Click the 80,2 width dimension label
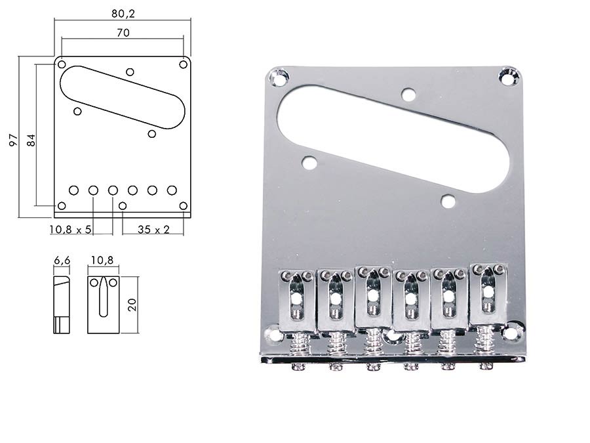click(x=123, y=14)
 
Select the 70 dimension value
click(x=123, y=33)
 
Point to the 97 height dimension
click(x=14, y=140)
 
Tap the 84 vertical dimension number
click(x=31, y=140)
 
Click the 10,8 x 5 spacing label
click(x=70, y=230)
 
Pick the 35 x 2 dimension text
click(x=153, y=230)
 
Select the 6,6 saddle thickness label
click(x=62, y=261)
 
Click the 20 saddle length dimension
click(x=132, y=305)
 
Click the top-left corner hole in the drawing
click(x=62, y=64)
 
